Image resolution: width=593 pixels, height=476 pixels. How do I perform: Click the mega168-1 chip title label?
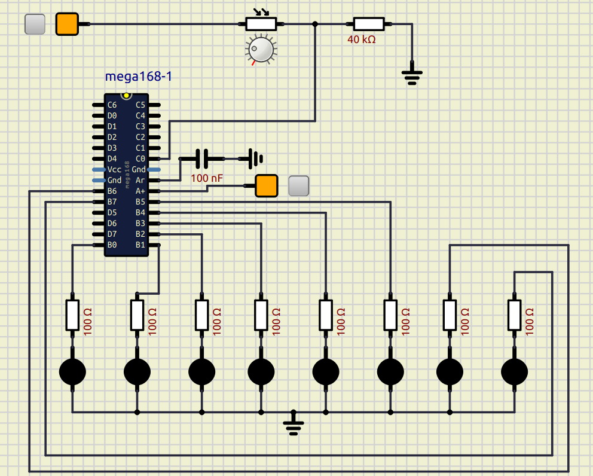(139, 77)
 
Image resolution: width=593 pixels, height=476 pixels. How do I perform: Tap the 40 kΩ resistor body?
(368, 24)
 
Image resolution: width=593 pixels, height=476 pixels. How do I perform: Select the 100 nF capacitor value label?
(207, 178)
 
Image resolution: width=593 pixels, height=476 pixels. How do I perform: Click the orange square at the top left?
(67, 24)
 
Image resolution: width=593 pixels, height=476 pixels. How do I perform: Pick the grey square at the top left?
(35, 24)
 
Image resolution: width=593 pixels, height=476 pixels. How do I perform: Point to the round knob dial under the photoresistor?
(261, 49)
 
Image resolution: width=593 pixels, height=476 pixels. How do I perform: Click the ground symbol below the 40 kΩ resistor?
(412, 76)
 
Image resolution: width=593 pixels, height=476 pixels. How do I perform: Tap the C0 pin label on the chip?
(140, 159)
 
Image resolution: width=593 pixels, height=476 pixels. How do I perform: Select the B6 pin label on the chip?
(112, 191)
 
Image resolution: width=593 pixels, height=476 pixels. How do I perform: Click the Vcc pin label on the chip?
(114, 170)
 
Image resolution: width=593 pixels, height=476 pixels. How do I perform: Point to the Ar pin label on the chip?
(140, 181)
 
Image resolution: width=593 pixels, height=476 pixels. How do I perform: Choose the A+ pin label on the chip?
(140, 191)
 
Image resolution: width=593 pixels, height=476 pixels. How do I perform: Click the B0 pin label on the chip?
(112, 245)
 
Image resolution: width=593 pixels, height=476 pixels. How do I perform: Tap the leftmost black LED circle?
(72, 372)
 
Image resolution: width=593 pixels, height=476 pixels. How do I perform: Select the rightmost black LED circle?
(514, 372)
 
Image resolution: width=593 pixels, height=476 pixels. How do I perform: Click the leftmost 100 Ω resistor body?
(72, 315)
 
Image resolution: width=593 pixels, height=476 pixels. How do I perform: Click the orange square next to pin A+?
(267, 186)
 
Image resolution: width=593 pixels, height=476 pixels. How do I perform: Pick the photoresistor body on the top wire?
(261, 24)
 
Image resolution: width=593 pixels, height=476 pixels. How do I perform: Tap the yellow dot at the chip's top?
(126, 96)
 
